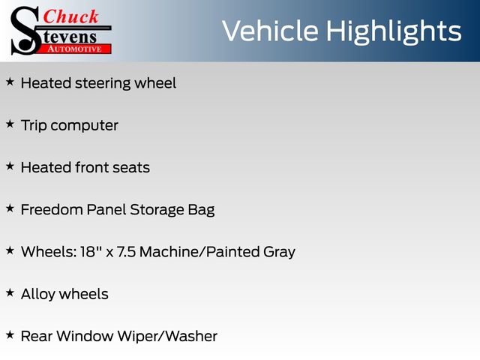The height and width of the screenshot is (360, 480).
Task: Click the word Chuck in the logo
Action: [70, 16]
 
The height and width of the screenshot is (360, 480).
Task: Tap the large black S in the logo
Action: [25, 31]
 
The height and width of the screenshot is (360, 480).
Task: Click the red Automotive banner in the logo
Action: [75, 49]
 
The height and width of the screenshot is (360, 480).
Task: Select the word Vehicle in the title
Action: [270, 31]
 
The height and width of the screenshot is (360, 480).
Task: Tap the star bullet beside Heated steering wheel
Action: [10, 82]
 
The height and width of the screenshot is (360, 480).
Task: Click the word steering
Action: [103, 83]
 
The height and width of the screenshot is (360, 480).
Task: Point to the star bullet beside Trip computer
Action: [10, 124]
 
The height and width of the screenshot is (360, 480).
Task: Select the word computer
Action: [84, 126]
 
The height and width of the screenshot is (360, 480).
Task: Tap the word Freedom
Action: [52, 210]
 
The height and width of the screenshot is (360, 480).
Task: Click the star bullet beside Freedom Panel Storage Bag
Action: [10, 208]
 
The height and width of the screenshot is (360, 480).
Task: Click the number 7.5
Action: [126, 252]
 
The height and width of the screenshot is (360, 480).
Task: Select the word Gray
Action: [279, 253]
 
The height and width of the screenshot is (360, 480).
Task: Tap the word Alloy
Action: [38, 295]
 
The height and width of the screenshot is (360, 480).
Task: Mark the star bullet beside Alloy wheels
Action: [10, 292]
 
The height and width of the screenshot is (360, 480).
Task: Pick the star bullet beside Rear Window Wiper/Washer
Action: [10, 335]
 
